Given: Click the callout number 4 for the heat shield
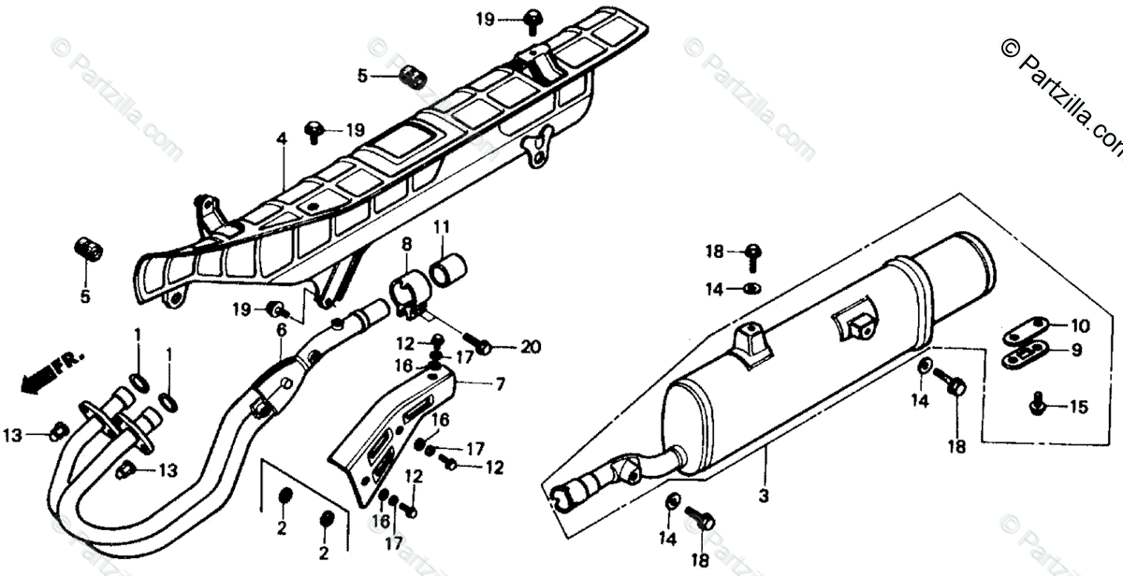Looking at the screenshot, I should pyautogui.click(x=280, y=141).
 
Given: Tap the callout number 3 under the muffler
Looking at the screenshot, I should pyautogui.click(x=763, y=495).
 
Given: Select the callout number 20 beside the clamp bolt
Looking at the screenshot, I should pyautogui.click(x=531, y=348).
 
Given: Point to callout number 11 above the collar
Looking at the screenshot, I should pyautogui.click(x=441, y=226).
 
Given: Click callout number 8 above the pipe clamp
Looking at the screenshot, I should pyautogui.click(x=406, y=246).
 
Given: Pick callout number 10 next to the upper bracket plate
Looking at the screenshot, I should pyautogui.click(x=1081, y=326).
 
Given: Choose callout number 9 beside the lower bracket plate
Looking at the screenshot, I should pyautogui.click(x=1076, y=351).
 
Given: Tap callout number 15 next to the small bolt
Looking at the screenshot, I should pyautogui.click(x=1080, y=407).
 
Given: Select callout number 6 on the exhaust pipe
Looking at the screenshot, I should pyautogui.click(x=281, y=328).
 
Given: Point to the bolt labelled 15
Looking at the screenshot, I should pyautogui.click(x=1038, y=405).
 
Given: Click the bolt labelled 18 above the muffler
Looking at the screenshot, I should pyautogui.click(x=751, y=251).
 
